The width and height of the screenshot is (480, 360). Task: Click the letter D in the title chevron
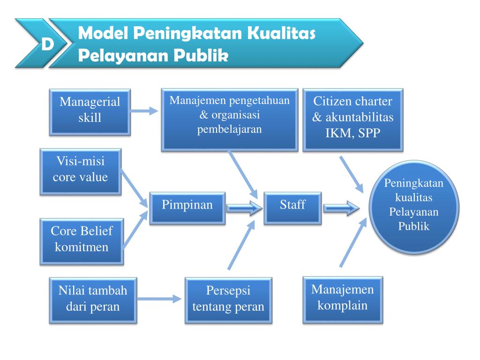tap(47, 45)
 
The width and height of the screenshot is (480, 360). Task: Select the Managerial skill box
tap(90, 112)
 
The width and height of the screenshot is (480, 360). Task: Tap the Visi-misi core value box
tap(81, 172)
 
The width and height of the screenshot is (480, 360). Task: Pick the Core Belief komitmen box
tap(82, 241)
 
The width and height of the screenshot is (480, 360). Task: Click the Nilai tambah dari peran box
tap(93, 300)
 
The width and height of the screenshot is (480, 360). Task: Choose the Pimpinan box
tap(187, 209)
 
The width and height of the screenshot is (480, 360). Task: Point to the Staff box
tap(292, 209)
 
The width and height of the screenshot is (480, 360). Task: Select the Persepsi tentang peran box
tap(228, 300)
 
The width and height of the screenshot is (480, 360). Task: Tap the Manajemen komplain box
tap(343, 300)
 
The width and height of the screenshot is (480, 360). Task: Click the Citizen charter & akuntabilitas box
tap(353, 120)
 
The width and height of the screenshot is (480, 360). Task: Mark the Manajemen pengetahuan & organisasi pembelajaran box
tap(230, 120)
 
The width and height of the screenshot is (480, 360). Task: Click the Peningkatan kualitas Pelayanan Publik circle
tap(414, 207)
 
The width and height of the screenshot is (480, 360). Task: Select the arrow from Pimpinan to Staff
tap(245, 209)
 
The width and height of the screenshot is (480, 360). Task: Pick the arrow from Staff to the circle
tap(341, 209)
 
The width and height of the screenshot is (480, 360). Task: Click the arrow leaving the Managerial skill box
tap(144, 111)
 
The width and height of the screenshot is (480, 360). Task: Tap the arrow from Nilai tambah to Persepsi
tap(159, 299)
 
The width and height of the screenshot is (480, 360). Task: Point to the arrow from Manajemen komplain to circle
tap(353, 242)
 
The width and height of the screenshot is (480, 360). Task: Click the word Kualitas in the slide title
tap(281, 34)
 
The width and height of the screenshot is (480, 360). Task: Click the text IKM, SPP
tap(353, 133)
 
